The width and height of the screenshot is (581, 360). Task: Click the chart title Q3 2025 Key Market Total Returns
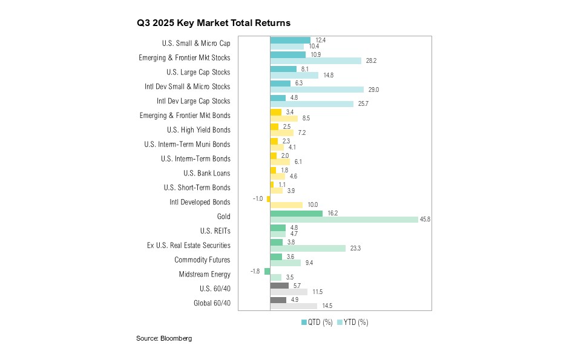click(x=214, y=23)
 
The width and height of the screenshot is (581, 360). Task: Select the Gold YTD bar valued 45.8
click(x=343, y=220)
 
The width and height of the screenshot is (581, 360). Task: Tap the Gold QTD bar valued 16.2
click(x=296, y=213)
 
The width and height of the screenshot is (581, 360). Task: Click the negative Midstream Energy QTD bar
click(x=267, y=271)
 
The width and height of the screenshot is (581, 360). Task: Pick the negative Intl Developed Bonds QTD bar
click(x=268, y=198)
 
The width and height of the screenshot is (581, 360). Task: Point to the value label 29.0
click(x=373, y=90)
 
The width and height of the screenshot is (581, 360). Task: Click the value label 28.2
click(x=371, y=61)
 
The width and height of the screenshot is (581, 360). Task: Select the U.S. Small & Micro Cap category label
click(x=196, y=43)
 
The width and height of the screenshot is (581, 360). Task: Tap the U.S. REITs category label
click(x=215, y=231)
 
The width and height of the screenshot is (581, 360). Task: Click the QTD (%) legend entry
click(x=317, y=322)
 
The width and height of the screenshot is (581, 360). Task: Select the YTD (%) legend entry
click(x=352, y=322)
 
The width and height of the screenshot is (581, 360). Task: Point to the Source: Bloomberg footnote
click(x=163, y=338)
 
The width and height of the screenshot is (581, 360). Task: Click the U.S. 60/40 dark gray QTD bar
click(x=279, y=286)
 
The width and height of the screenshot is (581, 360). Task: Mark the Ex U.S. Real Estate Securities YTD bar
click(x=307, y=248)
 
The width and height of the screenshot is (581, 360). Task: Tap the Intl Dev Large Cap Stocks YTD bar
click(x=312, y=104)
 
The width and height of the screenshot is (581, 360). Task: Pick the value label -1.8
click(x=255, y=271)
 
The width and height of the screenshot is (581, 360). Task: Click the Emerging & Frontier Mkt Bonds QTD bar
click(x=275, y=112)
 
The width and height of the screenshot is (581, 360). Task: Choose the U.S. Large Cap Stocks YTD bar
click(x=294, y=75)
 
